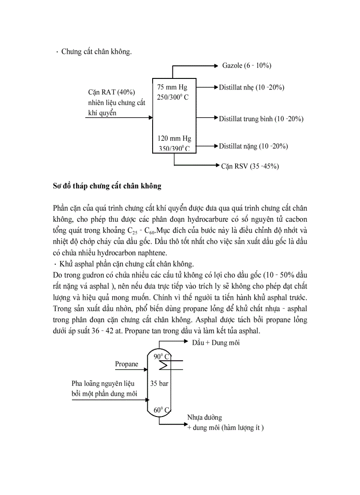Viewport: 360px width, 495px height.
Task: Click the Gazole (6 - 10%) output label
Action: pos(246,66)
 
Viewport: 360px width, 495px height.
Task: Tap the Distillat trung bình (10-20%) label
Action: pos(261,119)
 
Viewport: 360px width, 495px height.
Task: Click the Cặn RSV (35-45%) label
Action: pos(250,166)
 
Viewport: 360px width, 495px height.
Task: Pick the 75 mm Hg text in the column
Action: pos(172,87)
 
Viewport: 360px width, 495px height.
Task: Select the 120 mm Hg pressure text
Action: pos(174,138)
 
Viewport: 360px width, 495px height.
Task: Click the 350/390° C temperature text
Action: pos(174,149)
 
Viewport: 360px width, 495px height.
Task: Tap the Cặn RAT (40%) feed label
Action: pos(112,92)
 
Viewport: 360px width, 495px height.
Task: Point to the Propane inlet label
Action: pos(127,364)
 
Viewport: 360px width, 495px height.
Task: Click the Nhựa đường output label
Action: pos(204,417)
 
